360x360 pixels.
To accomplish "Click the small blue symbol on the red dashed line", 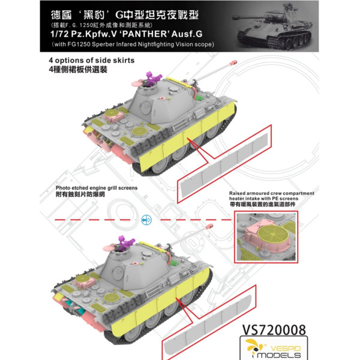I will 144,221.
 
